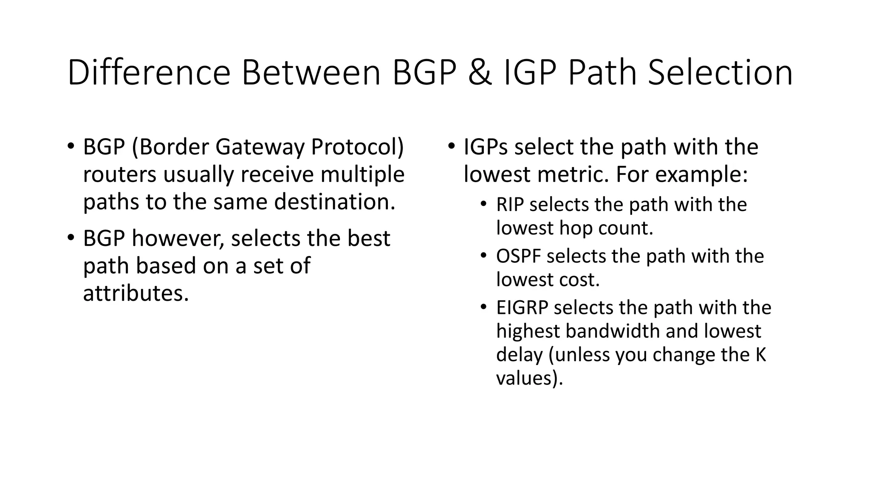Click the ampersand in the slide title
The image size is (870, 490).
click(x=480, y=73)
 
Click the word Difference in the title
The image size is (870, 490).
click(x=149, y=73)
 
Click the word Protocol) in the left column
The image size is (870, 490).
click(x=357, y=147)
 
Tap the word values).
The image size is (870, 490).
click(x=529, y=378)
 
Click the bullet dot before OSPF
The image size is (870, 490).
click(x=483, y=256)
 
